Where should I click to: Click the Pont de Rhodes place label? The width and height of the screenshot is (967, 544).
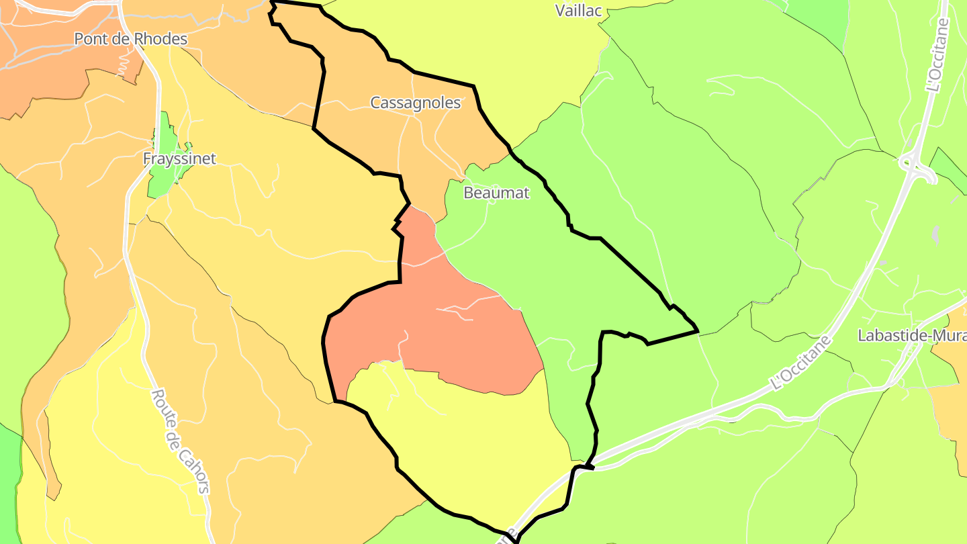130,39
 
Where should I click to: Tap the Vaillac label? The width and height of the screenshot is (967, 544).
579,10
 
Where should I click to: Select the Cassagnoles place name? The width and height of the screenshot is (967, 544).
416,103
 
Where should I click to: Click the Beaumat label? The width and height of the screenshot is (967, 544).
496,193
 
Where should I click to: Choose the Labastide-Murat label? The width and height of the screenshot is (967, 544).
912,336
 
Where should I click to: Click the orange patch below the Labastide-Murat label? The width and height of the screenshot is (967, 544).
950,396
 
